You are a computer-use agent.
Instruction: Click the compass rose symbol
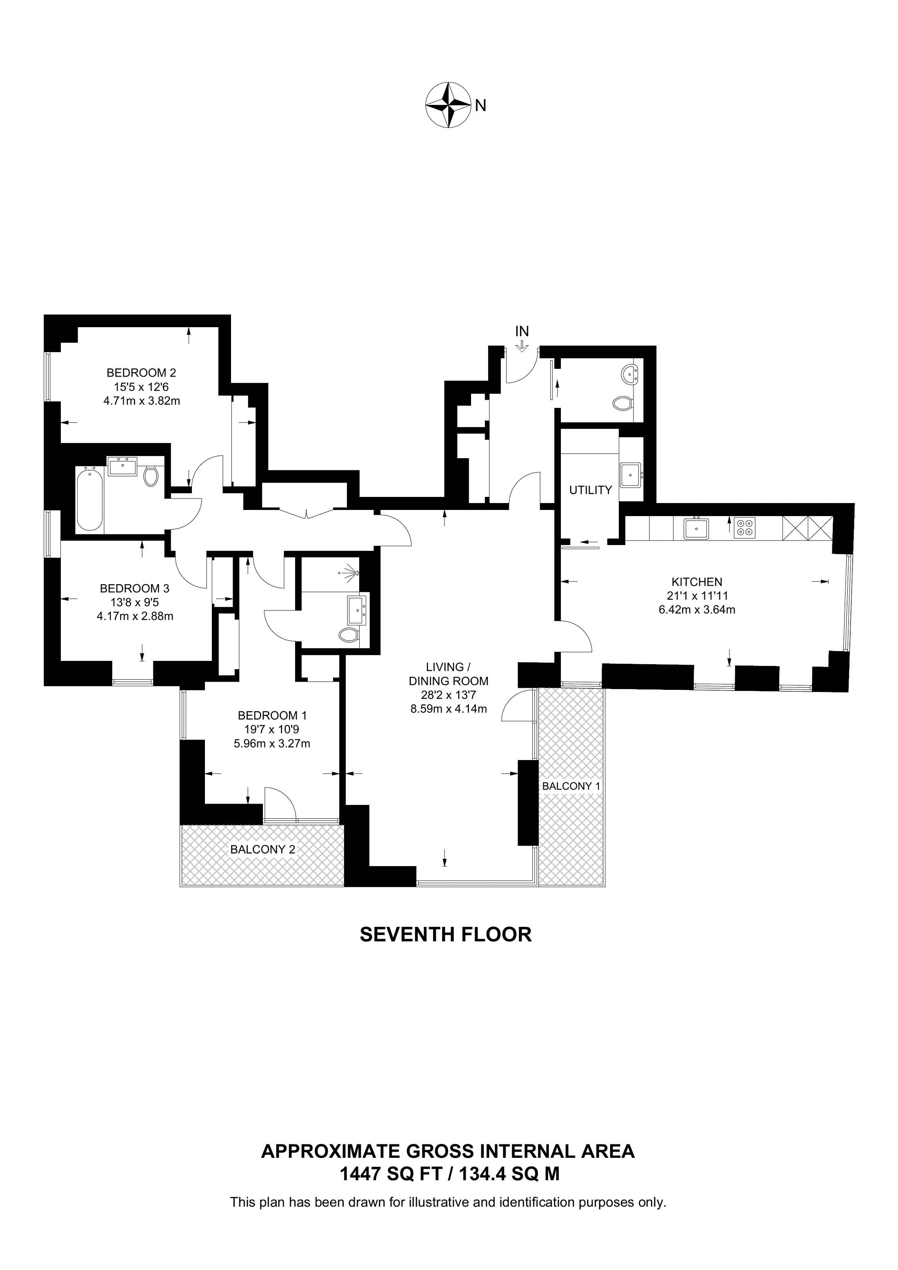click(448, 105)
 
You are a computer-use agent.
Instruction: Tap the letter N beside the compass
click(481, 105)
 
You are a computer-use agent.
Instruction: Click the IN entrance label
click(522, 331)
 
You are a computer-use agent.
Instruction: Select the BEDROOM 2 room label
click(142, 373)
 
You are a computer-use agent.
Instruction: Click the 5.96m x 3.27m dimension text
click(272, 743)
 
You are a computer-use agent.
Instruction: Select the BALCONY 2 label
click(263, 849)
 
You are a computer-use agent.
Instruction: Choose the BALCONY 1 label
click(571, 786)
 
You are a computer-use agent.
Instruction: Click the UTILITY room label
click(590, 490)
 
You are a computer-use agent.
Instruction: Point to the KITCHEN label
click(697, 581)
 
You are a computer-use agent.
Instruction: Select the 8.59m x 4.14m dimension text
click(448, 709)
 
